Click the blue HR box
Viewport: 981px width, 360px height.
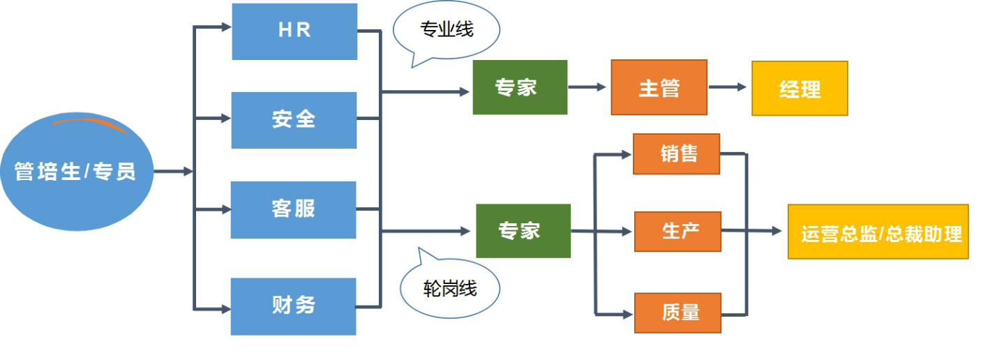tap(294, 31)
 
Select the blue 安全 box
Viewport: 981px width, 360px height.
tap(294, 120)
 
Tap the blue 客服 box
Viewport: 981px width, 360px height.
tap(294, 209)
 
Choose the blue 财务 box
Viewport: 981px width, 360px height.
tap(294, 306)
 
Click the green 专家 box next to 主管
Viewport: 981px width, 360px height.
tap(520, 87)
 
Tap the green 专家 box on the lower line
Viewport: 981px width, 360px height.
tap(523, 231)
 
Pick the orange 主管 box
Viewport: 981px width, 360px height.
tap(659, 87)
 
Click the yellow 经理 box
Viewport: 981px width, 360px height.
tap(799, 89)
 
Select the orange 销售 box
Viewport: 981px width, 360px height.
tap(676, 153)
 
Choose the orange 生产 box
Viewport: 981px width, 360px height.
tap(677, 231)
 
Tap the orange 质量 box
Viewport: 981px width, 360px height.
tap(677, 313)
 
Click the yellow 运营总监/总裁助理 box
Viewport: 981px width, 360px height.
tap(878, 232)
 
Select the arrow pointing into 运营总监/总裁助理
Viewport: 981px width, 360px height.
tap(764, 231)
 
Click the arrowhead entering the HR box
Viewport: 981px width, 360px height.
tap(225, 27)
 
